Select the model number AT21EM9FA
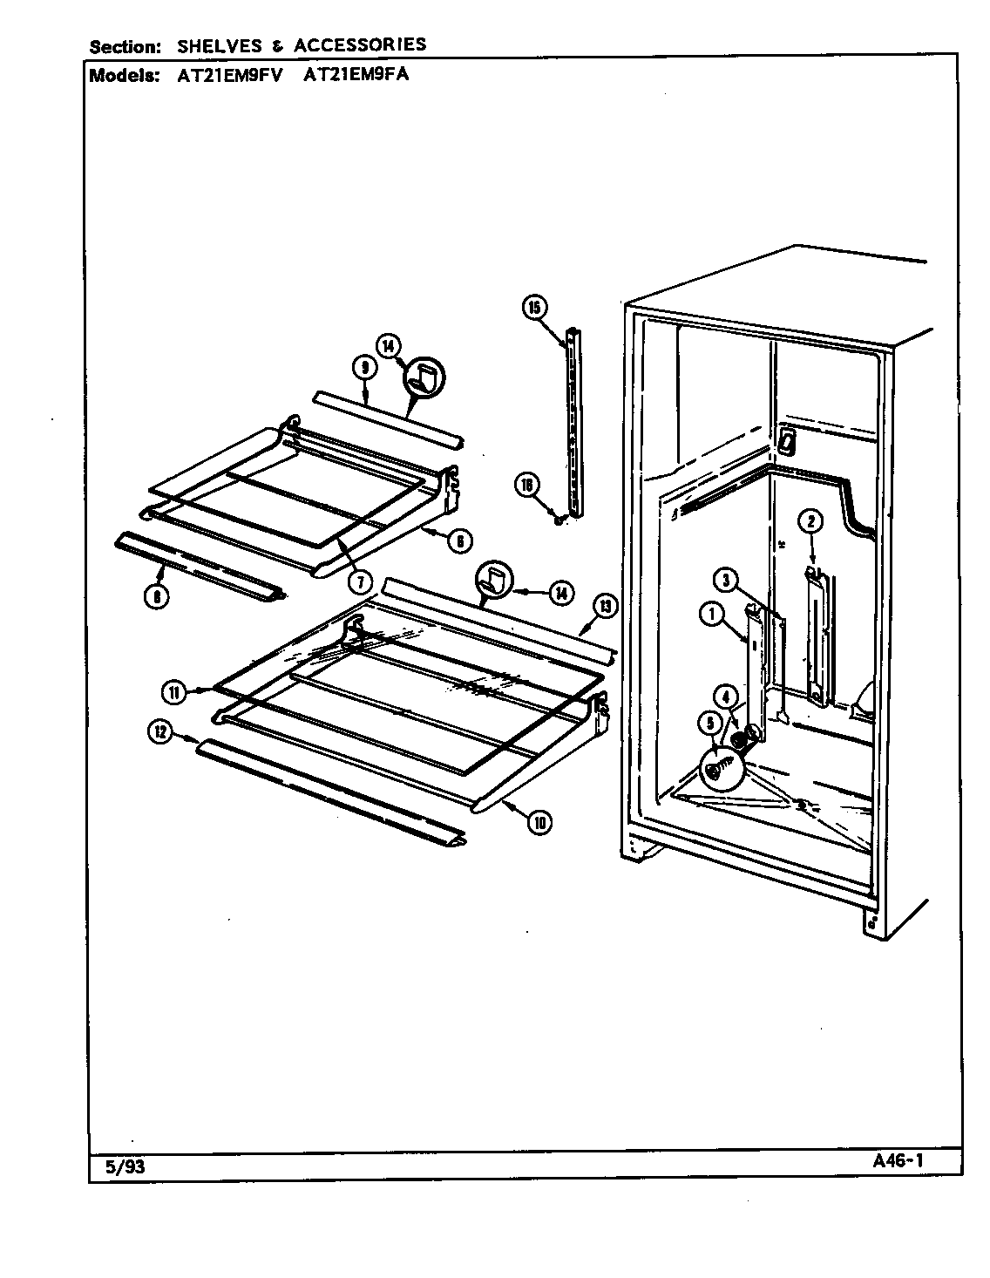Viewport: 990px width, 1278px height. coord(357,75)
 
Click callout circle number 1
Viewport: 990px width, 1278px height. coord(711,615)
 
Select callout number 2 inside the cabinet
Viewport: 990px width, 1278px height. coord(810,522)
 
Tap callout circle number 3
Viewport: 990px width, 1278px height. coord(725,578)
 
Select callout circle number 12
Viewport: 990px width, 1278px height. coord(159,733)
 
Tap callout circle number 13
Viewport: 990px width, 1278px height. coord(603,605)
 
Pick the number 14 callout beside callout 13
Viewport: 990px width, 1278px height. coord(559,593)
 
